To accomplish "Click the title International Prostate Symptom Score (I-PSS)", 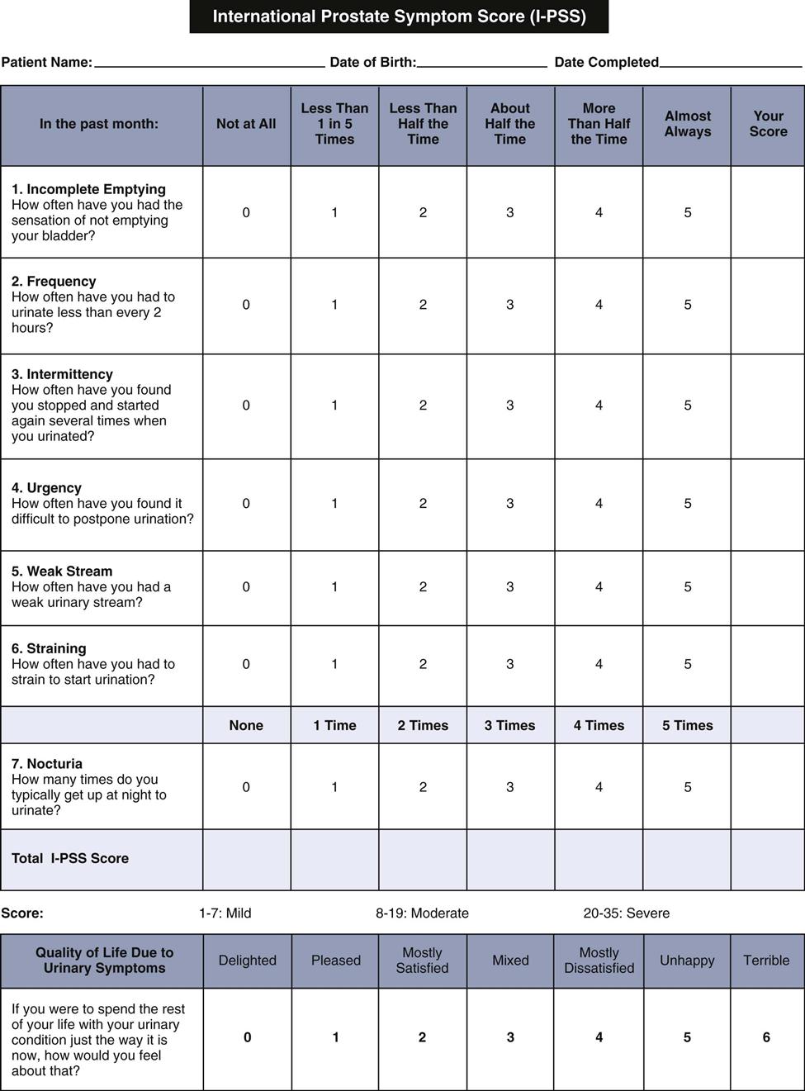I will tap(399, 17).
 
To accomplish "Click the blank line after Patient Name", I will tap(210, 63).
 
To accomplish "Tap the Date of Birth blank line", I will tap(482, 63).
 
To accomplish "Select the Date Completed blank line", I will tap(731, 63).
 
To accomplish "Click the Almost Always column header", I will tap(687, 124).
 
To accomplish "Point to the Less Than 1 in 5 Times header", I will tap(334, 124).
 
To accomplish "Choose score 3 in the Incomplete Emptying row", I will tap(510, 212).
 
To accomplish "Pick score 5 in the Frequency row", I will tap(687, 305).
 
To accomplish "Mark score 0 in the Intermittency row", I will tap(246, 406).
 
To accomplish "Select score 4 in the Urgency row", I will tap(599, 504).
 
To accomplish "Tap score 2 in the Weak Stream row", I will tap(423, 587).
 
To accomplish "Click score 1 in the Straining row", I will tap(334, 664).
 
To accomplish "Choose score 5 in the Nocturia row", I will tap(687, 787).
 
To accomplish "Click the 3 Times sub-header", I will tap(510, 725).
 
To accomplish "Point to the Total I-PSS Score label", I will tap(70, 858).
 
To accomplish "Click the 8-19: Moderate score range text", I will tap(422, 913).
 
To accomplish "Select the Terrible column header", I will tap(766, 961).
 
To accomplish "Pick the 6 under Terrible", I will tap(766, 1037).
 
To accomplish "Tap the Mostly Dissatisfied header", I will tap(599, 961).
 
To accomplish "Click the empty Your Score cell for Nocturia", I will tap(768, 787).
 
